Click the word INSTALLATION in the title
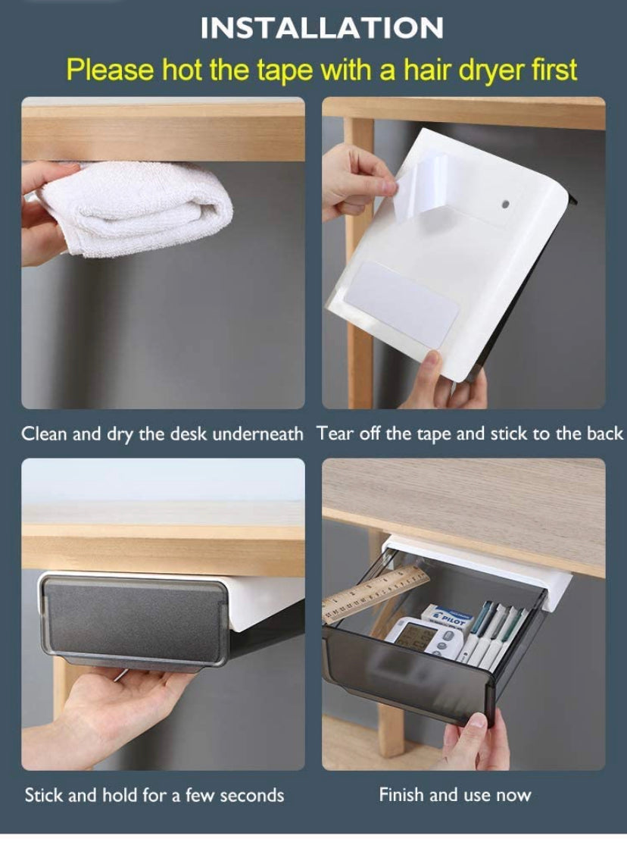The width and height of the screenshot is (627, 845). pos(322,28)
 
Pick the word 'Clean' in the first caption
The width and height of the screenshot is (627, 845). pos(44,434)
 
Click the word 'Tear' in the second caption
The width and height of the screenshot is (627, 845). pos(334,434)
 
